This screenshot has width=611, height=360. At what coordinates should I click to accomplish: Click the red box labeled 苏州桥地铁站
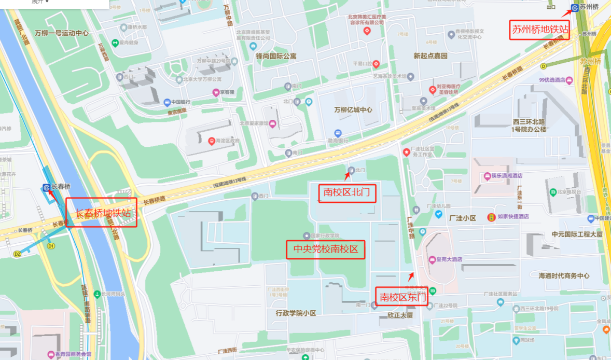tap(540, 30)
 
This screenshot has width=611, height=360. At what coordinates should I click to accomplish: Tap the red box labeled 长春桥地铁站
tap(102, 213)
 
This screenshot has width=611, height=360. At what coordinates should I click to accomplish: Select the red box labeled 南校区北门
tap(346, 193)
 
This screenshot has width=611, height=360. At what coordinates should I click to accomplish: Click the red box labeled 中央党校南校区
tap(326, 250)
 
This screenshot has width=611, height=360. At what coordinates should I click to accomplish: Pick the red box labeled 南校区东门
tap(402, 297)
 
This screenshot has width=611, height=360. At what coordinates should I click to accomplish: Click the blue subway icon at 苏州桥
tap(574, 8)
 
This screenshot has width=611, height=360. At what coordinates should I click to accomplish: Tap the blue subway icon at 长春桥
tap(46, 187)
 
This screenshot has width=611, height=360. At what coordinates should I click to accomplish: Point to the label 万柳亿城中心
tap(353, 110)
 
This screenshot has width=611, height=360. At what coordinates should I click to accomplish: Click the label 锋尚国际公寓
tap(276, 56)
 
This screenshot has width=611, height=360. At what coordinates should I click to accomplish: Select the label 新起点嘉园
tap(430, 56)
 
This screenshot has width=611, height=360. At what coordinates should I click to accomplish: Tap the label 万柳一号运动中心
tap(62, 33)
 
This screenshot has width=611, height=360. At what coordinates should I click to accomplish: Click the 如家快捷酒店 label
tap(512, 217)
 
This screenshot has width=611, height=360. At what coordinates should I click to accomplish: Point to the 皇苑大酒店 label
tap(449, 259)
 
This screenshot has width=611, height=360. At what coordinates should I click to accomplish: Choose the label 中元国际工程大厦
tap(577, 234)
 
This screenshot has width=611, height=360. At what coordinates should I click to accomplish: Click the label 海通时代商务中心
tap(564, 276)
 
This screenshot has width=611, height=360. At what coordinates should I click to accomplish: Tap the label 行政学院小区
tap(296, 313)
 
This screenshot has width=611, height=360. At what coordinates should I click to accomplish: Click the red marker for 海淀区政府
tap(211, 141)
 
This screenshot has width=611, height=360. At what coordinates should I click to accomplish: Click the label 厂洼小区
tap(462, 218)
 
